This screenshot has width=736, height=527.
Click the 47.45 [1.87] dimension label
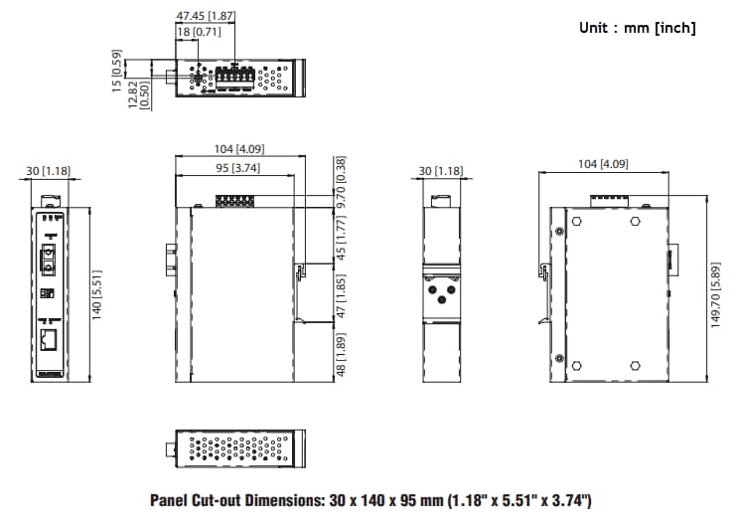[x=206, y=16]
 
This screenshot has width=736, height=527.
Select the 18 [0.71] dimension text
[x=192, y=33]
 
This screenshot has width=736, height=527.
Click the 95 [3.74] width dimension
[x=238, y=168]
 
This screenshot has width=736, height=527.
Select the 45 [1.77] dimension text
[x=341, y=239]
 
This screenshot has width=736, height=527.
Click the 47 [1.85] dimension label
[x=341, y=297]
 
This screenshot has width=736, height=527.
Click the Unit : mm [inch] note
[x=637, y=28]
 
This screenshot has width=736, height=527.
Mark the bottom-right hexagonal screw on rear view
[x=636, y=365]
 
